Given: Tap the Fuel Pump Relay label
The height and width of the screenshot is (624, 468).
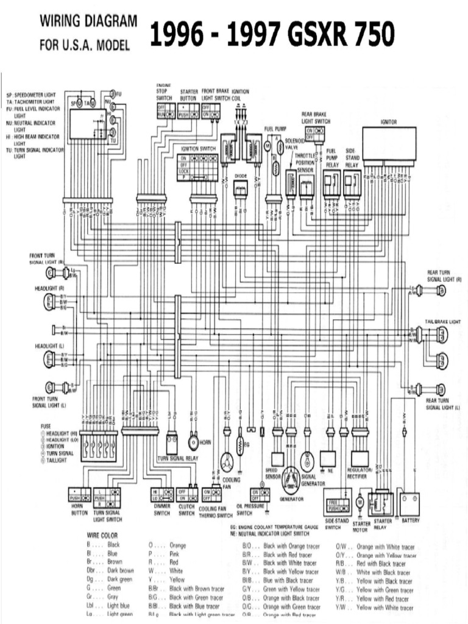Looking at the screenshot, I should (332, 157).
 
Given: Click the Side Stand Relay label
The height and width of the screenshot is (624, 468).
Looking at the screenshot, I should (352, 157).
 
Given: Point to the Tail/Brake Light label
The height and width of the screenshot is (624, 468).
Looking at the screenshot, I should (442, 321).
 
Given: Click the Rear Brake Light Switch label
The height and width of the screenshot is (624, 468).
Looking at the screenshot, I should (316, 118).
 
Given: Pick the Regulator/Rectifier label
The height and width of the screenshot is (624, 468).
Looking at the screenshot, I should (360, 473).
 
